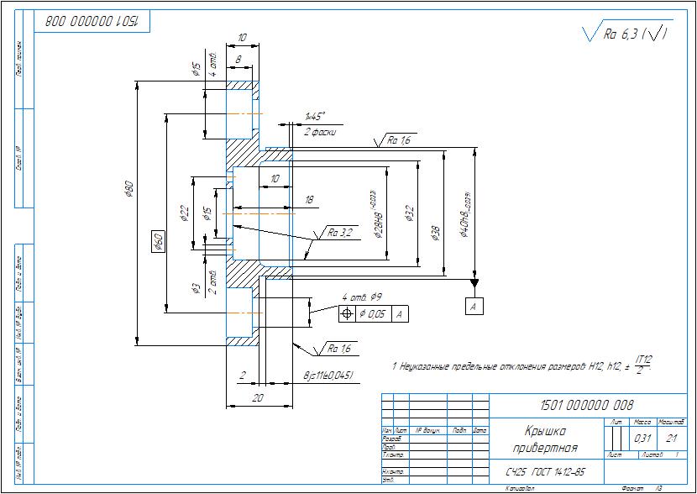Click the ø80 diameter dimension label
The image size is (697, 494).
[x=128, y=191]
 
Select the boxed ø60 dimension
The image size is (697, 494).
[x=157, y=242]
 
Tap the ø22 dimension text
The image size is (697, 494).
[x=183, y=215]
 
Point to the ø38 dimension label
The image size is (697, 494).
[x=434, y=233]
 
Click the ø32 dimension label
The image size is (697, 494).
[x=408, y=213]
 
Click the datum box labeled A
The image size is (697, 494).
[x=474, y=307]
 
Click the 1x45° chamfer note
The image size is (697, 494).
[x=315, y=116]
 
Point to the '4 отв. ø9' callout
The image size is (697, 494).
[x=362, y=297]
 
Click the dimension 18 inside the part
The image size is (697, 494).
[x=309, y=200]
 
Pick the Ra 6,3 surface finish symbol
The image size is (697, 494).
[x=626, y=33]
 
